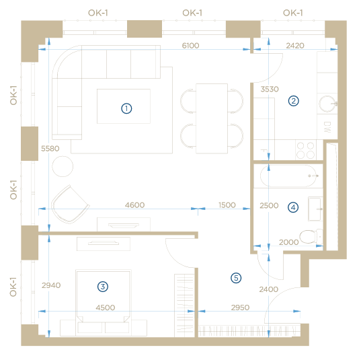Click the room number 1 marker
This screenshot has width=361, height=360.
126,108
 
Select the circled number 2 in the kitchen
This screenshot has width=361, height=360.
293,101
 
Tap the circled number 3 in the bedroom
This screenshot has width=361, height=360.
103,287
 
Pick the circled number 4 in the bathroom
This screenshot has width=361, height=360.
293,207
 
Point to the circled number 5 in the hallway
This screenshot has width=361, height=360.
236,278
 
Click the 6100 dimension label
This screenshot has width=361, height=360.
190,45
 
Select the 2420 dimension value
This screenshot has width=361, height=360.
295,45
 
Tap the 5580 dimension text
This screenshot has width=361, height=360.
50,149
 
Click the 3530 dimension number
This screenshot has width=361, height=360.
270,89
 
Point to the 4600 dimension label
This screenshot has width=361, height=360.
134,205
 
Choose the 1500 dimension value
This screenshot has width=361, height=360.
227,205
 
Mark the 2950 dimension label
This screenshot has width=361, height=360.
240,308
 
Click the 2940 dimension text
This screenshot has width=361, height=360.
51,285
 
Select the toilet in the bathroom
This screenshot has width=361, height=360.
311,236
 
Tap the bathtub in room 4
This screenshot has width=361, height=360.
288,176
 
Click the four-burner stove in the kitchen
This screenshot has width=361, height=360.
305,150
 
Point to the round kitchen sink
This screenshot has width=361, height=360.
327,104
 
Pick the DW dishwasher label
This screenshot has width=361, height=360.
327,127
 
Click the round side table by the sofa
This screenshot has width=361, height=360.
63,166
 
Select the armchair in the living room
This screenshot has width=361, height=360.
70,205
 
